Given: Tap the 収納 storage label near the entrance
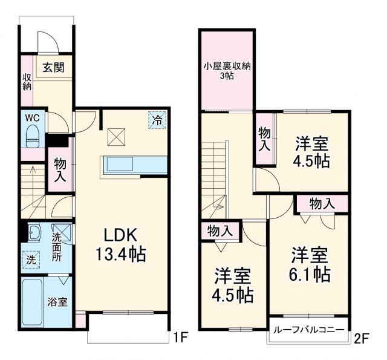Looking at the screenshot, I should click(27, 81).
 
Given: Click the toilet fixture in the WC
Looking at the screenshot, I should click(33, 136).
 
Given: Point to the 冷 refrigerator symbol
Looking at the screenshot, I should click(157, 120).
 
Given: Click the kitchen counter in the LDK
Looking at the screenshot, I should click(134, 164).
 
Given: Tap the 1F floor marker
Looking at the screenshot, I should click(180, 336).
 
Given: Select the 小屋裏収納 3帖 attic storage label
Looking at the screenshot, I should click(226, 71).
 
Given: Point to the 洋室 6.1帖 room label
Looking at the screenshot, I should click(309, 264).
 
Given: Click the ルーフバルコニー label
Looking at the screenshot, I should click(308, 330).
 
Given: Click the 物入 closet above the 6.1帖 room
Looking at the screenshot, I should click(322, 204).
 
